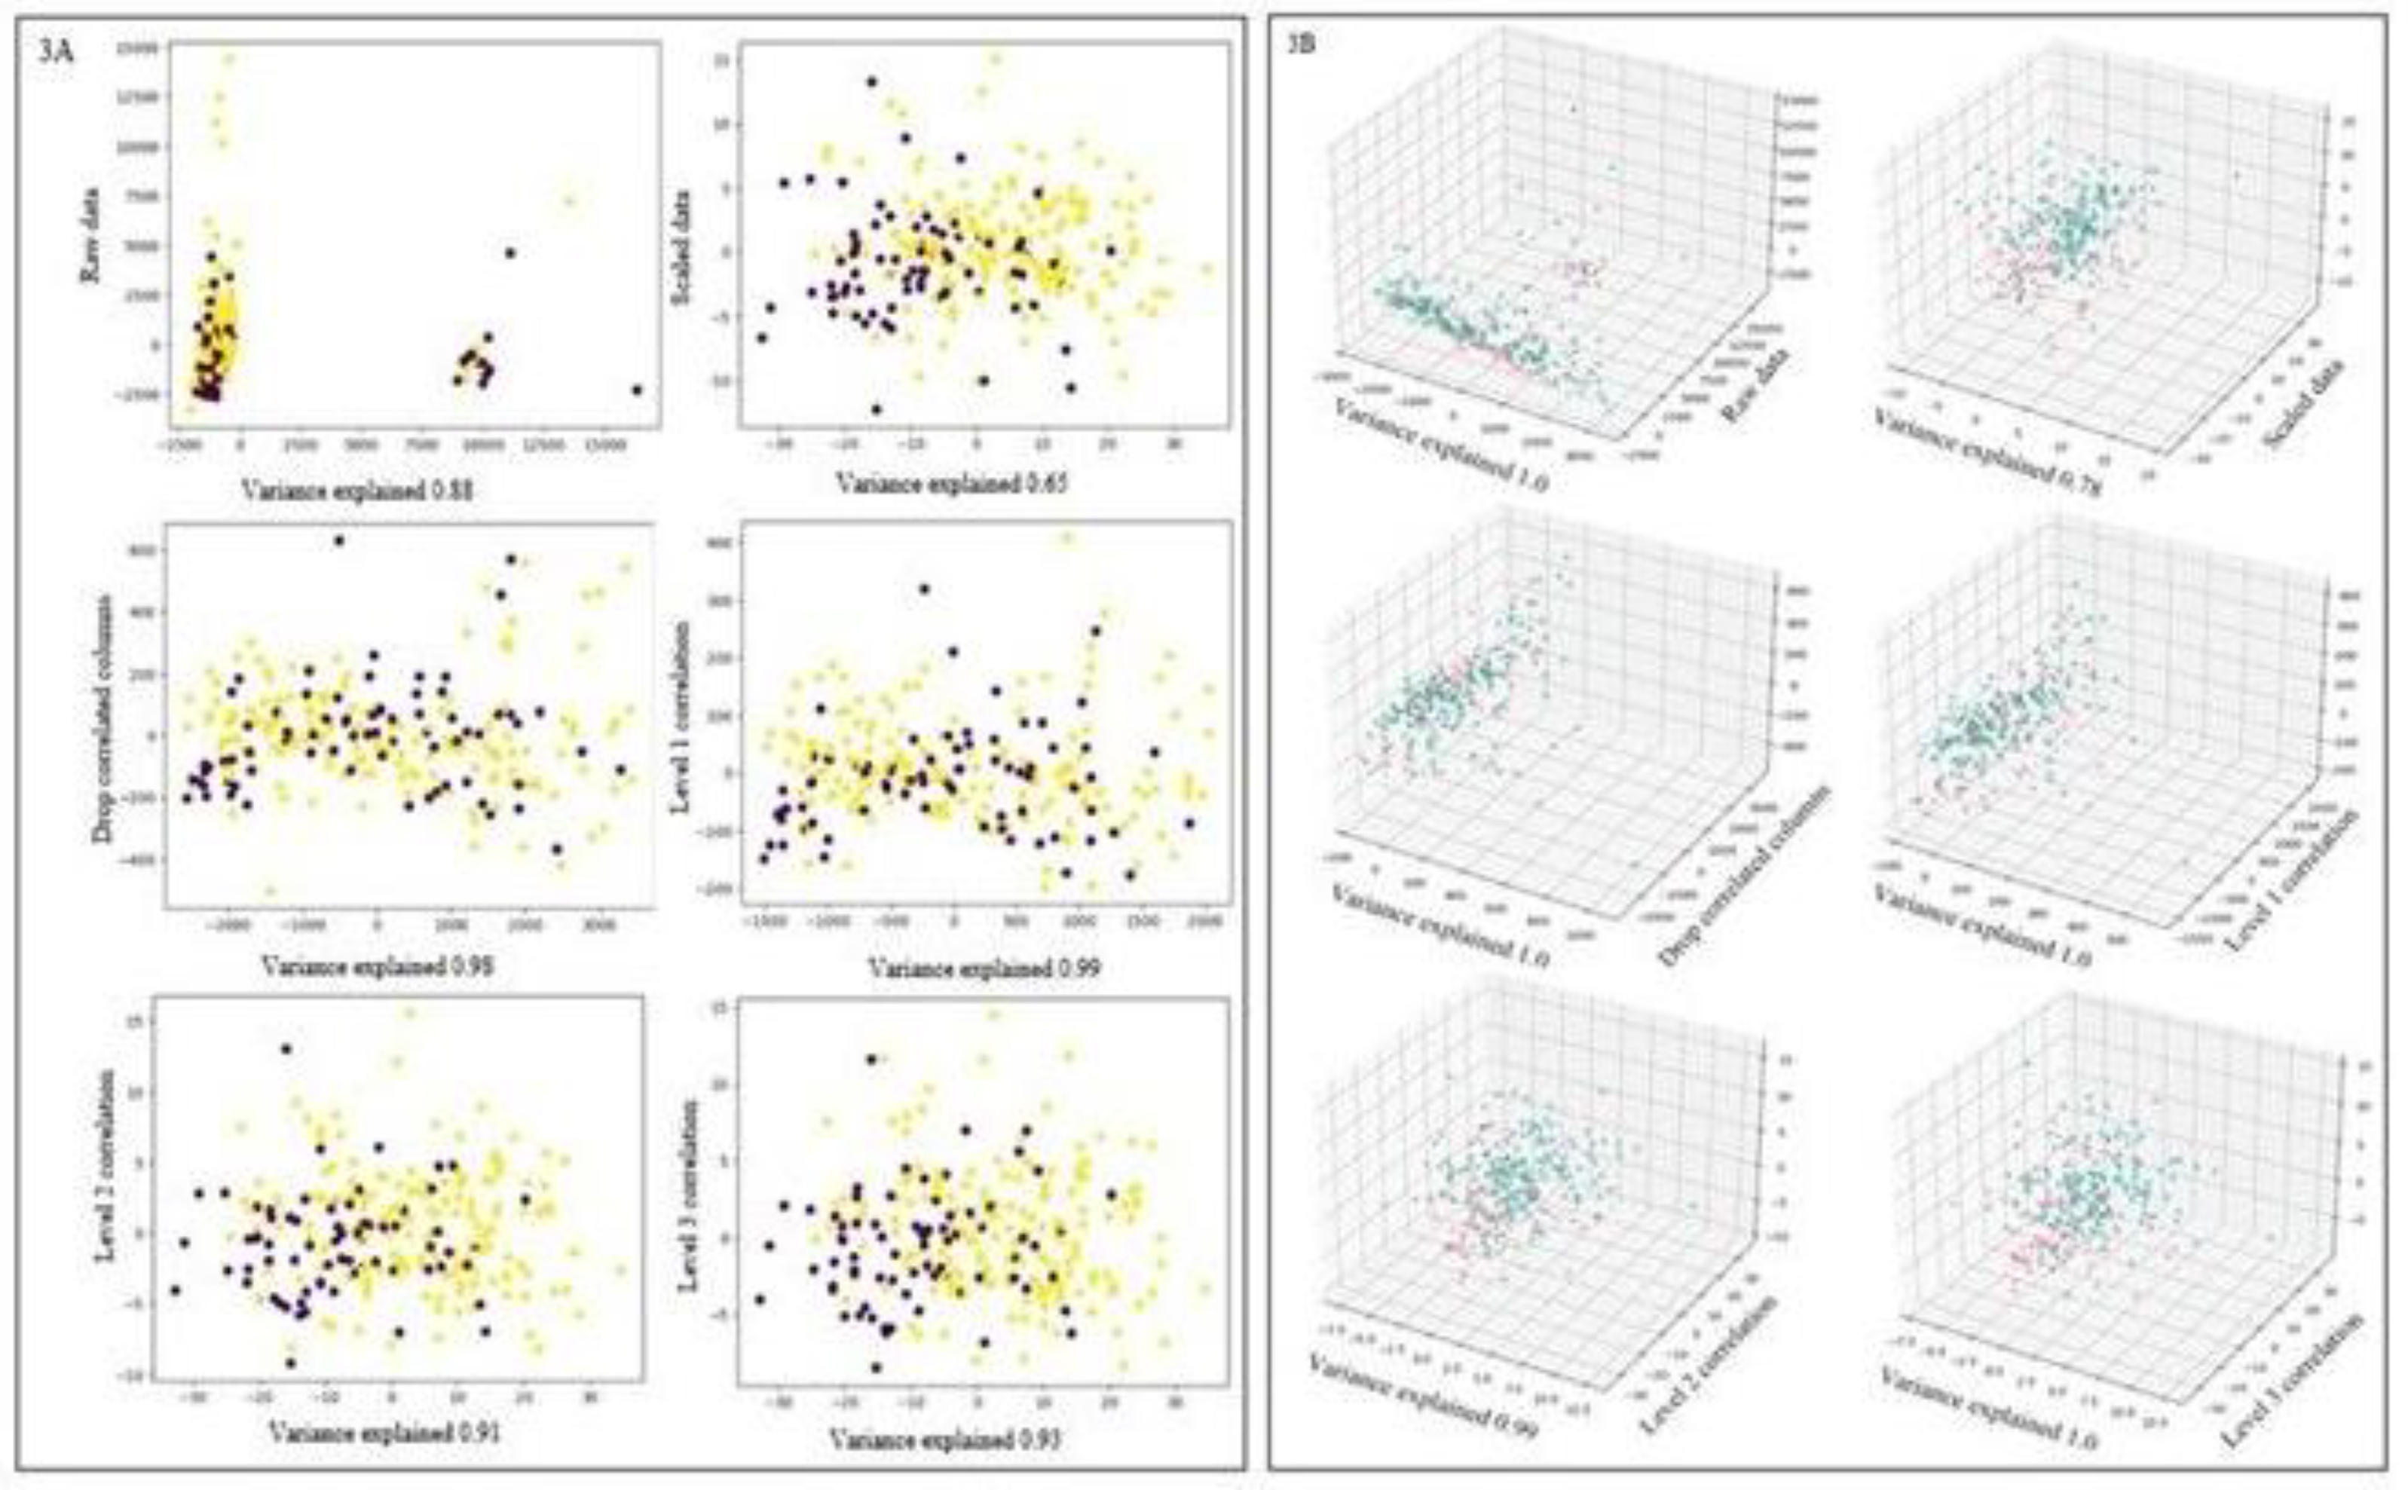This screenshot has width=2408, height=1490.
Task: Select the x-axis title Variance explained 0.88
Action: click(356, 489)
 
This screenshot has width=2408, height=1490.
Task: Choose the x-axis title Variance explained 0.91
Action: click(384, 1432)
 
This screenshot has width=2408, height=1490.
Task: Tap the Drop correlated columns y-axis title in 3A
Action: click(103, 720)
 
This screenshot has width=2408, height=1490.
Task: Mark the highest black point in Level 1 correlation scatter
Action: click(924, 589)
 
